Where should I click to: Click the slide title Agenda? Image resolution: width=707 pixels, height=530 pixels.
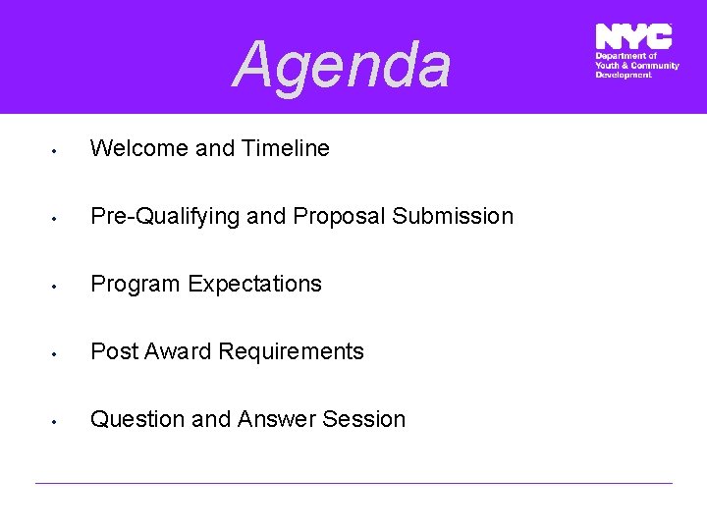click(343, 65)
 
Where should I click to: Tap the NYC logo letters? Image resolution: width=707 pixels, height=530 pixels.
click(633, 36)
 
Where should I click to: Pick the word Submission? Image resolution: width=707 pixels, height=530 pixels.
click(453, 216)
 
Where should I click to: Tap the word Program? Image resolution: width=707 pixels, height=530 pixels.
click(136, 284)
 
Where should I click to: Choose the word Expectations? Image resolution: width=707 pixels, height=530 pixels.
click(255, 284)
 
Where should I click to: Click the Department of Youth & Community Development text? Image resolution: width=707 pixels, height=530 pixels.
click(636, 66)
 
